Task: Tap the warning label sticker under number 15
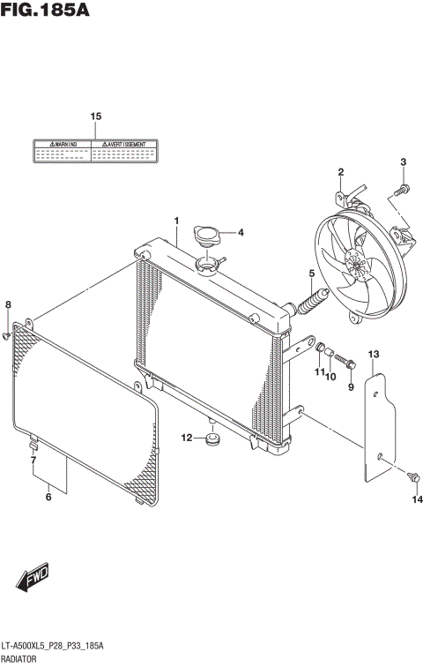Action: tap(95, 152)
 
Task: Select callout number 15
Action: tap(95, 116)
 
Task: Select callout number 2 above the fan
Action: tap(340, 171)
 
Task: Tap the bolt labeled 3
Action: tap(402, 188)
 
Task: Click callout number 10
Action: tap(331, 378)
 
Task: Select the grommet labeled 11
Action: tap(321, 354)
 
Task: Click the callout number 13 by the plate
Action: tap(373, 354)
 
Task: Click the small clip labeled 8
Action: tap(8, 334)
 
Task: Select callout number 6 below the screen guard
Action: tap(48, 498)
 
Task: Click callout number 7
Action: tap(33, 460)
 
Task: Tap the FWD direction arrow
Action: tap(32, 581)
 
